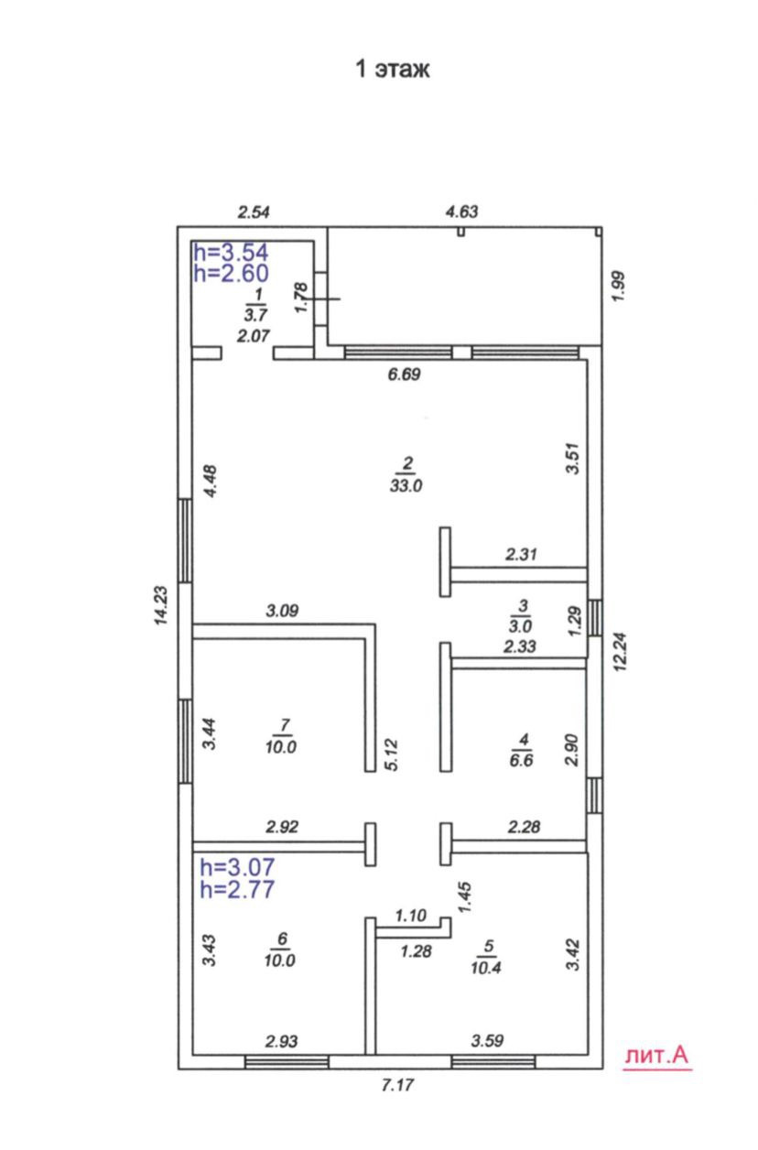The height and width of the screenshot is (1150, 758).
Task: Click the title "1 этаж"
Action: click(x=393, y=69)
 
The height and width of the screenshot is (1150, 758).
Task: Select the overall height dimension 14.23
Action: click(x=162, y=607)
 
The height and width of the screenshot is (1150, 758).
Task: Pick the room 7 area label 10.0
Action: click(x=282, y=747)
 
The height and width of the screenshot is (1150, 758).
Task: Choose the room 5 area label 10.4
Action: click(x=488, y=966)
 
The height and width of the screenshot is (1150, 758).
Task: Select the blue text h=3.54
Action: click(x=231, y=252)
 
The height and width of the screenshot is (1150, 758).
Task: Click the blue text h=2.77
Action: click(x=237, y=887)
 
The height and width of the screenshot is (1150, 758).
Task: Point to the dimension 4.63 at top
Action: click(x=461, y=212)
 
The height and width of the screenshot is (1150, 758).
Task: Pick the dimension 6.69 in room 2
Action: click(x=404, y=374)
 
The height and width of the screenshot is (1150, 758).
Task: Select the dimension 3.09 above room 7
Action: click(x=284, y=611)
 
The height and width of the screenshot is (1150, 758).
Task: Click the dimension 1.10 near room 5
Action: click(x=411, y=915)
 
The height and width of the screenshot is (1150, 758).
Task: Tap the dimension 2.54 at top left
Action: click(x=254, y=213)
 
